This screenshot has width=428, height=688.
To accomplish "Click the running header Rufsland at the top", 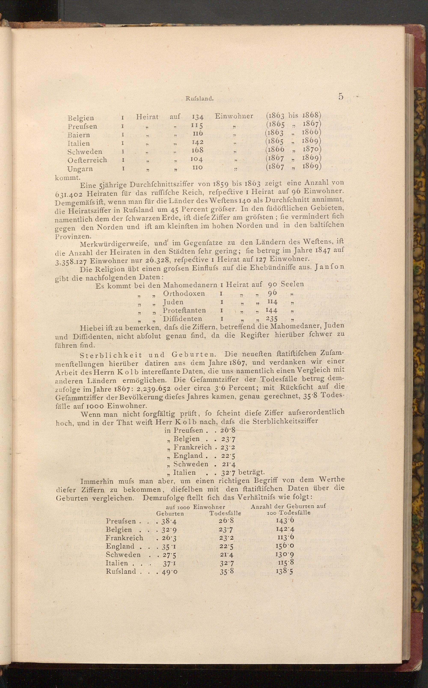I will (199, 98).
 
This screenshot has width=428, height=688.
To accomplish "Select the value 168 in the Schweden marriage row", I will (198, 150).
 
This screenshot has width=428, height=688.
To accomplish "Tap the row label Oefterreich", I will (87, 160).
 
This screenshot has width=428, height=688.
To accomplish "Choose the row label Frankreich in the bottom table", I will (124, 538).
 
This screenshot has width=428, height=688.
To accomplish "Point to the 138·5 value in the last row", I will (284, 571).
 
